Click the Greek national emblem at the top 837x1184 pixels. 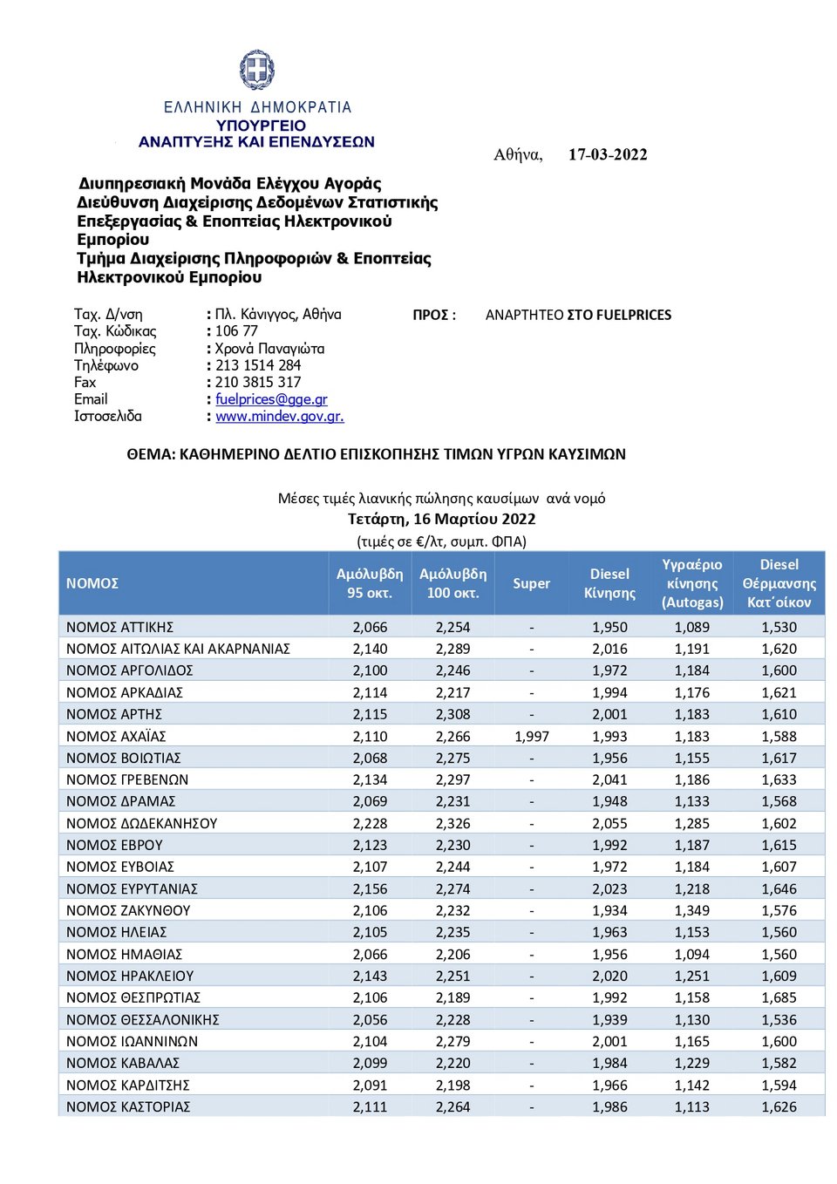257,70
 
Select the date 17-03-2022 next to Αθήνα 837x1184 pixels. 608,154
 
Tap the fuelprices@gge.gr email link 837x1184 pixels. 271,399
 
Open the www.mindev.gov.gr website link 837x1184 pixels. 279,417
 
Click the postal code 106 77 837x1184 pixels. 236,331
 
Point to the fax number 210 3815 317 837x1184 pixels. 257,382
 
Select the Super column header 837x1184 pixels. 531,583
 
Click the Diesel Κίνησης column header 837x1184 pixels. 609,583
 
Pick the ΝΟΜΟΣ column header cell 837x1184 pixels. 92,583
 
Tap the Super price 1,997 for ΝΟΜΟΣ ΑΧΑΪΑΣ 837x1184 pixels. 532,737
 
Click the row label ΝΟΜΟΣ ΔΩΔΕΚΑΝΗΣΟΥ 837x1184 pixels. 141,824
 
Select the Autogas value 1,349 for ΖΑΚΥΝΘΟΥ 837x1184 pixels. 691,911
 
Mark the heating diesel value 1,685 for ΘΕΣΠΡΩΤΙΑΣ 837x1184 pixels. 779,998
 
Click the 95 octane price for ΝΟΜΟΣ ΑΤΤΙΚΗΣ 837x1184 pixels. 370,628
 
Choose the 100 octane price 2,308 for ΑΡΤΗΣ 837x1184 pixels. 453,715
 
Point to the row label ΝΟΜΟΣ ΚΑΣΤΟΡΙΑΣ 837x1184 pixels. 128,1107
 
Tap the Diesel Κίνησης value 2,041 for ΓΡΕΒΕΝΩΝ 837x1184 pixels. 609,780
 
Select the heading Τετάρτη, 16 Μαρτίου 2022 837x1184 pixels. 441,519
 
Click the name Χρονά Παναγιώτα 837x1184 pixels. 269,349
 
